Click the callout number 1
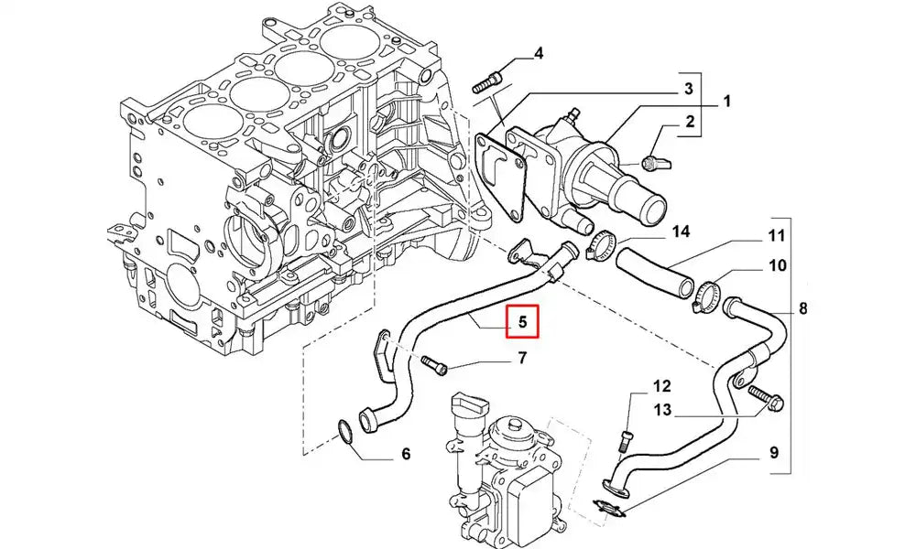tap(726, 101)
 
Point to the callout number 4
tap(539, 54)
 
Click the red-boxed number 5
tap(522, 321)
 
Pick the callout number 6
tap(406, 454)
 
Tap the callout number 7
tap(522, 358)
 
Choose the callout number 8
tap(802, 308)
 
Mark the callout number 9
tap(773, 452)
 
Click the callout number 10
tap(777, 266)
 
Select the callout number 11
tap(777, 236)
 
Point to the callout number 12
tap(662, 386)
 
